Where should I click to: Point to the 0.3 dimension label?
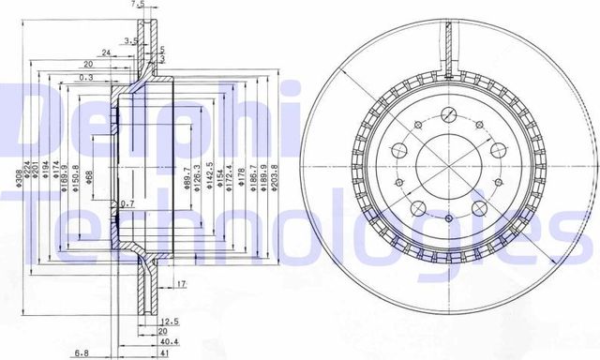click(x=86, y=79)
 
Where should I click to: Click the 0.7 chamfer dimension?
click(x=128, y=204)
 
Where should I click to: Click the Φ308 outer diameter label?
click(x=17, y=174)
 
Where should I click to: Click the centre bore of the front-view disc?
click(x=448, y=154)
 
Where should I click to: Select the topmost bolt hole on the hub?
click(x=449, y=114)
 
